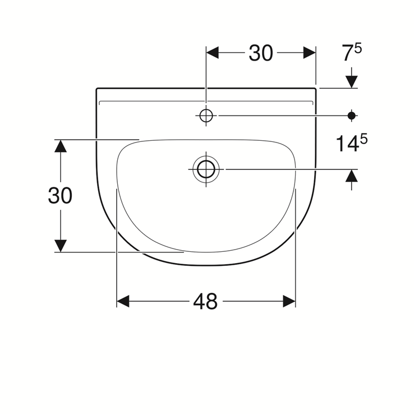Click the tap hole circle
click(206, 115)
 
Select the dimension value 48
click(205, 302)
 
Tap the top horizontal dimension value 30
click(261, 53)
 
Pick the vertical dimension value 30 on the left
click(60, 196)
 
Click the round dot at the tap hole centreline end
click(352, 115)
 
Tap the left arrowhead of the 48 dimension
click(123, 302)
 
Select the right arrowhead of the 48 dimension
click(289, 302)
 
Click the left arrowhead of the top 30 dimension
click(213, 53)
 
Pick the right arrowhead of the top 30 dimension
click(310, 53)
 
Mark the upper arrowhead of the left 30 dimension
click(60, 146)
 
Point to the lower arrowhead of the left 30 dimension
click(60, 246)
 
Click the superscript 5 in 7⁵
click(358, 48)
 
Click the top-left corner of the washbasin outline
click(97, 89)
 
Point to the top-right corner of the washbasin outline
click(315, 89)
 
